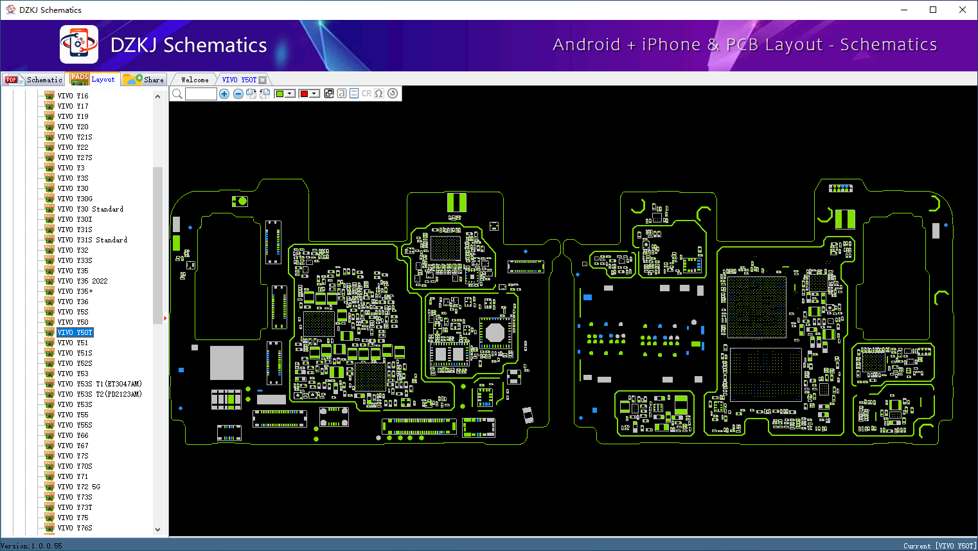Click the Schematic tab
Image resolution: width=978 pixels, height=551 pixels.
coord(35,80)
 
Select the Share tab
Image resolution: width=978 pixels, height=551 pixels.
coord(145,80)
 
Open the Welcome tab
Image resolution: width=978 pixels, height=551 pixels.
coord(195,80)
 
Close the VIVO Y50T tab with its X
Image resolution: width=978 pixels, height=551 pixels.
coord(262,80)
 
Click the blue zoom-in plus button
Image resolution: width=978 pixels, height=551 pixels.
coord(224,94)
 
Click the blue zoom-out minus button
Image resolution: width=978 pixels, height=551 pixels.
coord(238,94)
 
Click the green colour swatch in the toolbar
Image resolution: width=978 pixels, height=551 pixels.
coord(280,94)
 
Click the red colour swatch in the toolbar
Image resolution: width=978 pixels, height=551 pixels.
coord(305,94)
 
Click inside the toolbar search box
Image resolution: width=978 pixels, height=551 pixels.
coord(200,94)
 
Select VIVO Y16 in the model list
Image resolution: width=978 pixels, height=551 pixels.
coord(73,96)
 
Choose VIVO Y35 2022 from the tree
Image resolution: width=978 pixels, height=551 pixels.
coord(82,281)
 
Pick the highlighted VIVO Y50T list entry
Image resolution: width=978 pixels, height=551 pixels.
coord(75,332)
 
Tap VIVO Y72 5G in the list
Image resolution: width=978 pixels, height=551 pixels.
coord(78,487)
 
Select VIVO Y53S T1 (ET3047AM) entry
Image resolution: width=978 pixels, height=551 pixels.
coord(99,384)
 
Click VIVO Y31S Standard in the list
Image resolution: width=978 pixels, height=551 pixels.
coord(92,240)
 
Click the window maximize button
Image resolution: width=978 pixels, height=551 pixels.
coord(933,10)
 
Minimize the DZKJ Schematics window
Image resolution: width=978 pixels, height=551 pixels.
coord(904,10)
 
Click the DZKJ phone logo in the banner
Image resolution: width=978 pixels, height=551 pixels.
coord(79,44)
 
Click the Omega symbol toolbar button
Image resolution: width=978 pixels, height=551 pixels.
coord(379,94)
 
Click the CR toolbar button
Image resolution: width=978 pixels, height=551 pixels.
coord(366,94)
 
